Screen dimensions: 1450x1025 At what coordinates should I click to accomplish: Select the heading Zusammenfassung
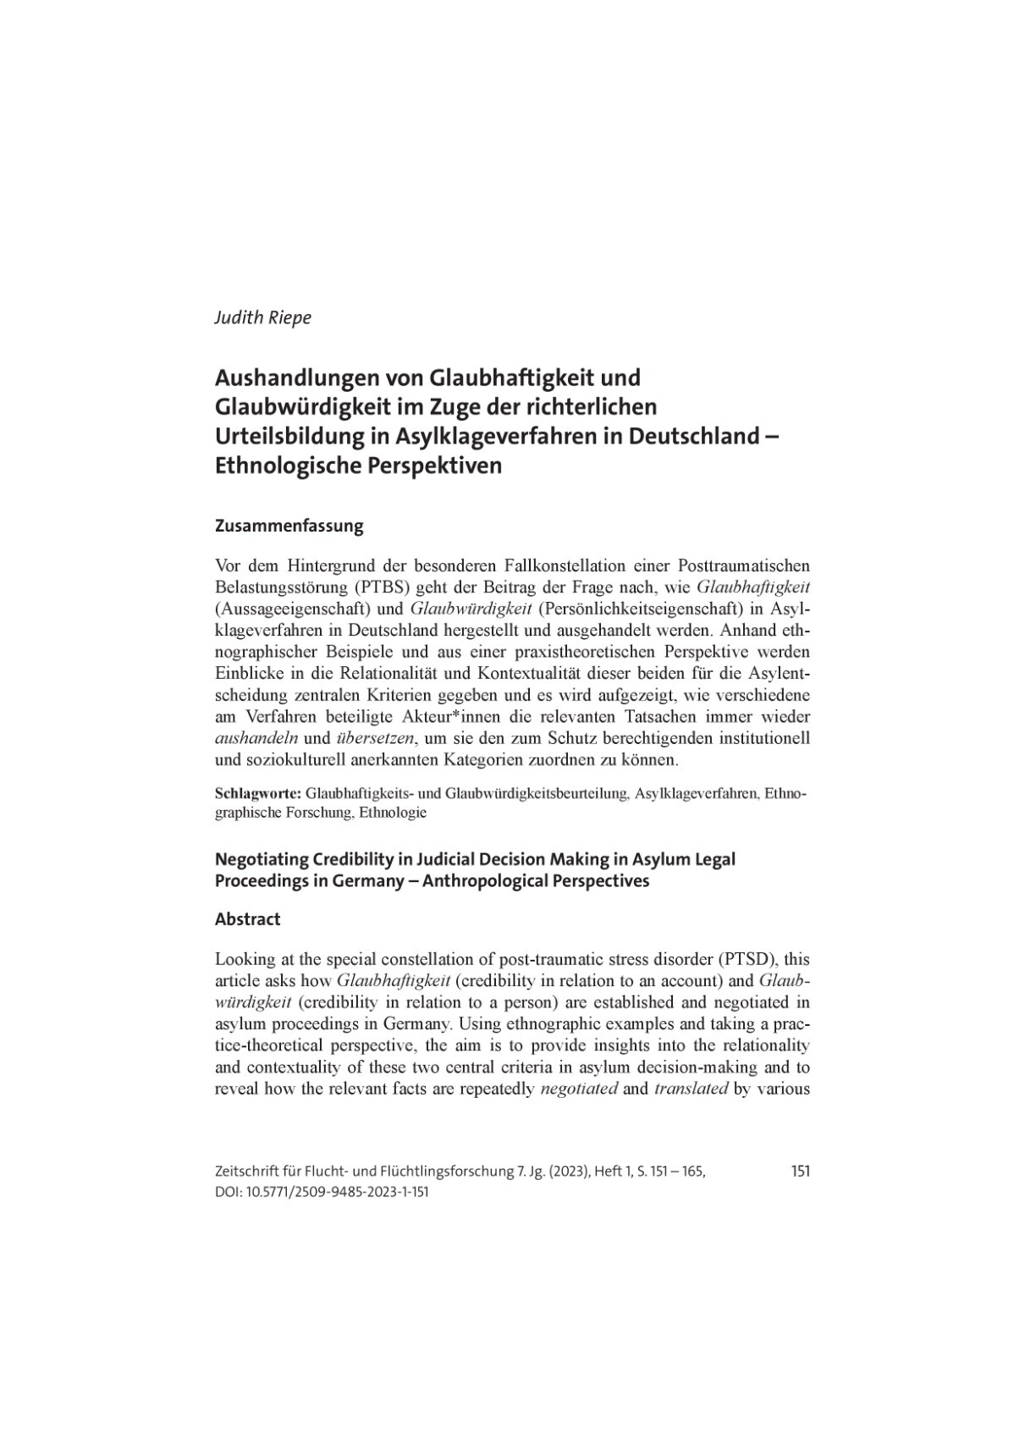(x=289, y=526)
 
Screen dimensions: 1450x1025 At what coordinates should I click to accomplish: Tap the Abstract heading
(x=248, y=918)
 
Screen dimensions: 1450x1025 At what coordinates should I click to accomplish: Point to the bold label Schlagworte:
(x=258, y=795)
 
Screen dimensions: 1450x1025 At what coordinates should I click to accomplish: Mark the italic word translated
(x=692, y=1089)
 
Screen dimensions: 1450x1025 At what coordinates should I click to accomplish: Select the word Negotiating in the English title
(x=263, y=859)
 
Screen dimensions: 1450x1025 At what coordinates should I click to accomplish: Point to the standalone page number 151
(x=800, y=1172)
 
